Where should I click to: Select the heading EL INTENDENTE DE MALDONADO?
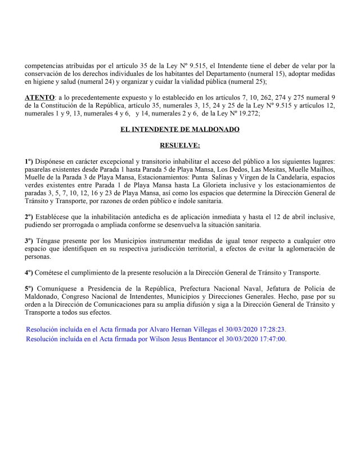point(179,129)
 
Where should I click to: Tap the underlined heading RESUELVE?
point(179,145)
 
